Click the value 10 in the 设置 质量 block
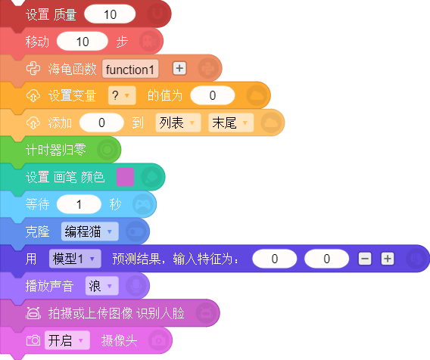[110, 14]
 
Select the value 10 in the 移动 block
[83, 42]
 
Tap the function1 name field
[130, 69]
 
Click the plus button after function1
[179, 68]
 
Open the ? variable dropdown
[122, 95]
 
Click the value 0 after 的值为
[213, 95]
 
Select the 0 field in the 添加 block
[101, 123]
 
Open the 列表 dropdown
[178, 123]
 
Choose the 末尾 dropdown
[231, 123]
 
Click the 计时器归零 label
[56, 150]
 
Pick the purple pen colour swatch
[125, 177]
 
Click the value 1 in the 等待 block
[79, 204]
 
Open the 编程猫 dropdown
[90, 231]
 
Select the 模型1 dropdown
[75, 259]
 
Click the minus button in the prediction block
[365, 259]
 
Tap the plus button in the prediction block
[388, 259]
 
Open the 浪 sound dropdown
[102, 286]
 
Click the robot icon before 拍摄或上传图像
[33, 313]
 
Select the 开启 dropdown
[67, 340]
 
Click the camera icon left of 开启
[33, 340]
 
